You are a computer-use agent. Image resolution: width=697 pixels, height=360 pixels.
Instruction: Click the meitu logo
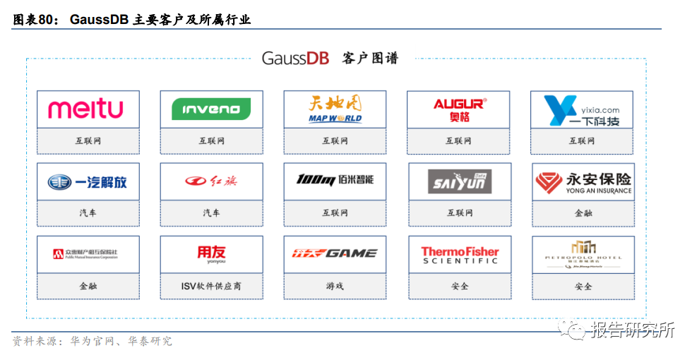[x=85, y=109]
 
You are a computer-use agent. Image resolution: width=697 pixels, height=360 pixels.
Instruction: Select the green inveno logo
[x=210, y=109]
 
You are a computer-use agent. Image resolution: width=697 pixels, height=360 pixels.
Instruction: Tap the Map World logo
[x=335, y=109]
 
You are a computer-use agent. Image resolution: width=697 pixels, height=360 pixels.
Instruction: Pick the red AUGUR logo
[x=458, y=109]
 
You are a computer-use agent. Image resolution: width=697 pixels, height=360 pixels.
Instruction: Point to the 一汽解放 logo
[x=88, y=182]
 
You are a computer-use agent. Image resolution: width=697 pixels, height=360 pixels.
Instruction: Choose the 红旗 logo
[x=211, y=181]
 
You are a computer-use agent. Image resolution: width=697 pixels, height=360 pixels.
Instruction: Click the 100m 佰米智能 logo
[x=335, y=180]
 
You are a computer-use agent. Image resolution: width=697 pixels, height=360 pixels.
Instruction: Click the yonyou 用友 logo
[x=211, y=253]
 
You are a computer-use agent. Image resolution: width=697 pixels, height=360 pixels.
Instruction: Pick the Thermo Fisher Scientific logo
[x=460, y=255]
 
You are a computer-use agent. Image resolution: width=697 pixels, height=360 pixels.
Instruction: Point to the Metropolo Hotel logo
[x=583, y=254]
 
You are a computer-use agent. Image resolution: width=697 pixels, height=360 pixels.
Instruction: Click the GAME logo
[x=335, y=253]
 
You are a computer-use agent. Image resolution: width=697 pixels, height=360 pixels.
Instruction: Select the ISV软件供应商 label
[x=211, y=287]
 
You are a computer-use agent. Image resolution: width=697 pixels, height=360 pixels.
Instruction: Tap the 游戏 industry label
[x=335, y=287]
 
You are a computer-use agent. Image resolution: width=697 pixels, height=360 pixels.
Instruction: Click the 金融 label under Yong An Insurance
[x=583, y=212]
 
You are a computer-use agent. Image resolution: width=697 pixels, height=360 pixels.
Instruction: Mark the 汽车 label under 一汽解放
[x=88, y=212]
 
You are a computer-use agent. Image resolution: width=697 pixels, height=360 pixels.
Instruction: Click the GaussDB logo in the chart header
[x=295, y=59]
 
